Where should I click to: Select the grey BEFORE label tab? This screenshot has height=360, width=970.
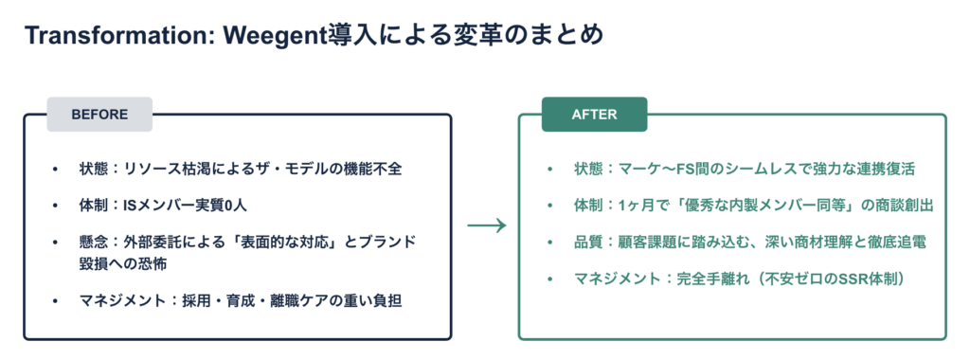99,115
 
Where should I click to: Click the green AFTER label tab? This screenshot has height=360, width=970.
595,115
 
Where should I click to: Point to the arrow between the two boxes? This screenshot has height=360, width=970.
487,225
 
